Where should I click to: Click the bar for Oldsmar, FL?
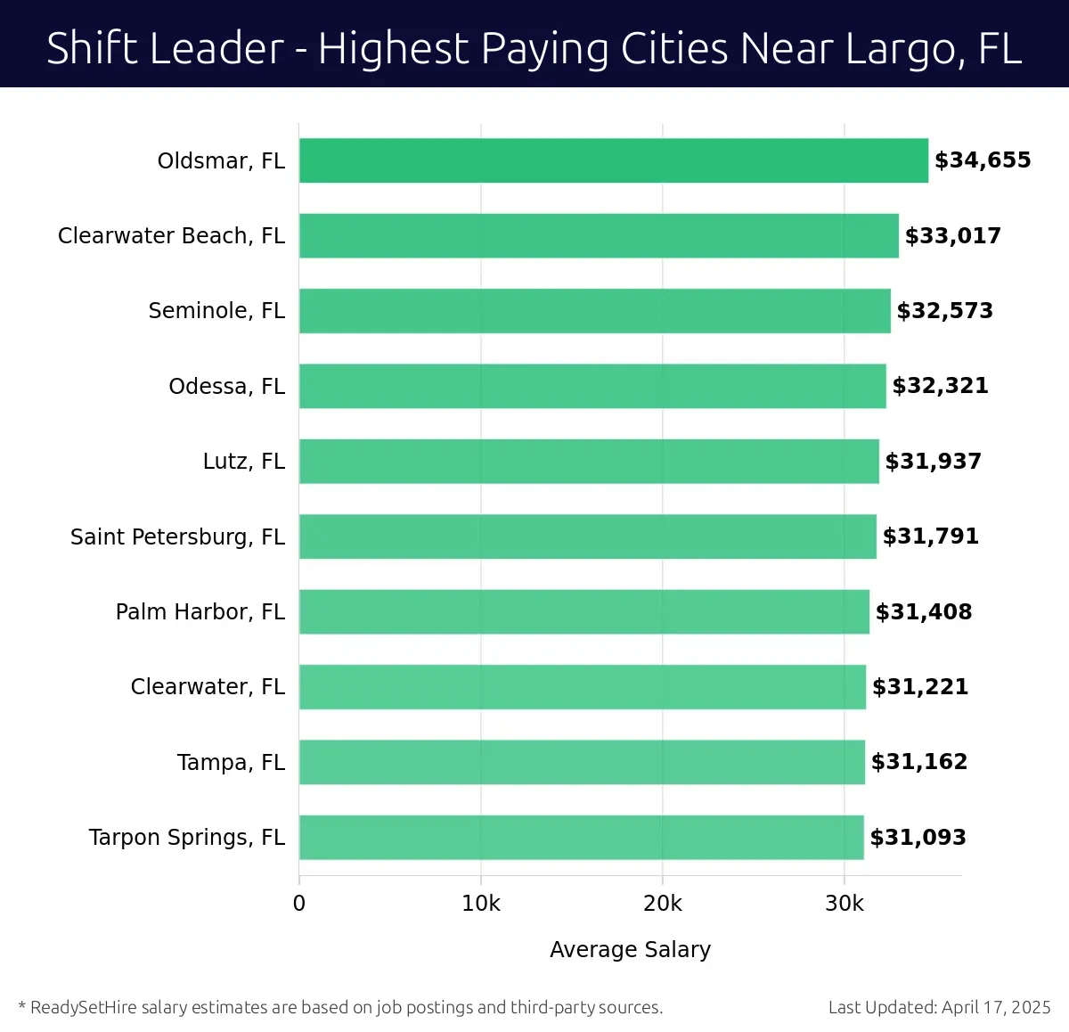coord(613,160)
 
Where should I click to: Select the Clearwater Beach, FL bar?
coord(599,235)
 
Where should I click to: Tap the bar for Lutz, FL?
coord(589,461)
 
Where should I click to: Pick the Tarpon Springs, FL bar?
coord(581,837)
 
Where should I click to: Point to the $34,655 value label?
coord(983,160)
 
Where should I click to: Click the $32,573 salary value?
coord(944,311)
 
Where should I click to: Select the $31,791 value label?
coord(930,536)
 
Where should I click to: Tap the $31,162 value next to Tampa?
coord(918,762)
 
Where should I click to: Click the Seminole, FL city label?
coord(216,311)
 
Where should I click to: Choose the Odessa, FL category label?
coord(226,386)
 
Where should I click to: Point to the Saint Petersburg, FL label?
coord(177,536)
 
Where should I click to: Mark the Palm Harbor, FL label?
coord(200,611)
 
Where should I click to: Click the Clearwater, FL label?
coord(208,687)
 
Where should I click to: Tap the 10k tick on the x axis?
coord(481,904)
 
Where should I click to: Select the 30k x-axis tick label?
coord(845,904)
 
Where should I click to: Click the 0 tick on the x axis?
coord(299,904)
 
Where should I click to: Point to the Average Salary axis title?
coord(630,950)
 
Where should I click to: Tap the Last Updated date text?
coord(939,1007)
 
